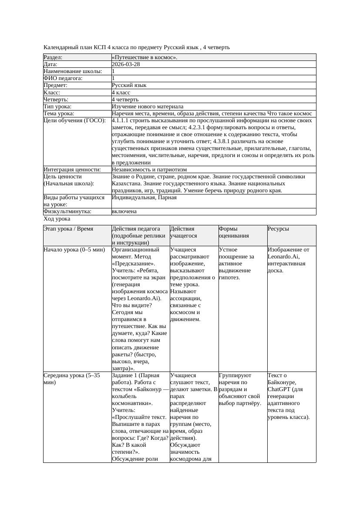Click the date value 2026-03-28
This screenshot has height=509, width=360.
point(126,64)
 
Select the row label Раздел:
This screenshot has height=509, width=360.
point(53,57)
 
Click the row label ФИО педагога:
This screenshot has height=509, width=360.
point(63,78)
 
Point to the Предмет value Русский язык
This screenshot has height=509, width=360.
point(129,85)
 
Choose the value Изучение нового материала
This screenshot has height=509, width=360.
point(147,107)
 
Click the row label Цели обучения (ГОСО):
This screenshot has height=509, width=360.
point(74,121)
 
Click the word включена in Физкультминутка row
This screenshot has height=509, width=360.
point(124,211)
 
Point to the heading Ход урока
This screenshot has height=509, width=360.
point(57,219)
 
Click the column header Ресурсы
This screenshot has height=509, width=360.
point(278,229)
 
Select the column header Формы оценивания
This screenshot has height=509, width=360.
point(234,232)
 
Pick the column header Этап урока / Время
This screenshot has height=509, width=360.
point(68,229)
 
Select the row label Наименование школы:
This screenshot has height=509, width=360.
point(73,71)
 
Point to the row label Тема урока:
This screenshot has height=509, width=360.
point(59,114)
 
